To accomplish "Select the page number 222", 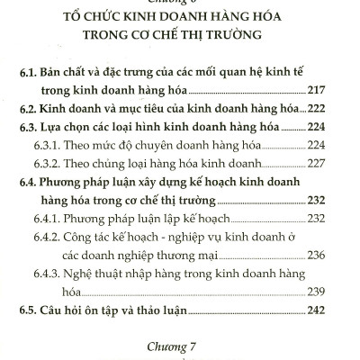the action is coord(319,108).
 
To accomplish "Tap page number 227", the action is coord(319,163).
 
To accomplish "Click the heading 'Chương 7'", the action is coord(179,343).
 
